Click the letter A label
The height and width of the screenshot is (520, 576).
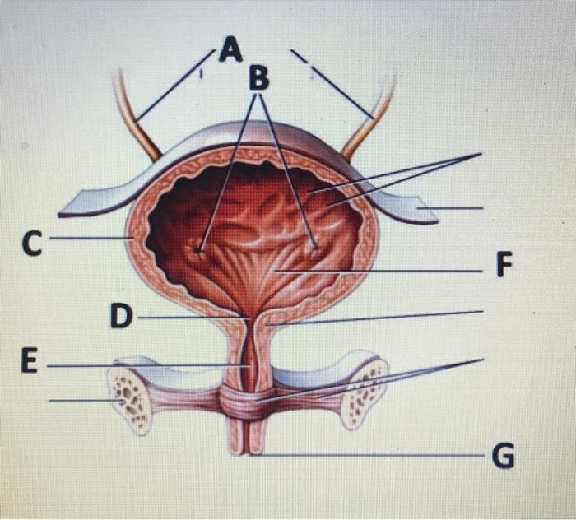[x=232, y=52]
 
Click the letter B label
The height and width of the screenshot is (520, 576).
[x=258, y=79]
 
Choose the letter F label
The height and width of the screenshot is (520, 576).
[x=503, y=267]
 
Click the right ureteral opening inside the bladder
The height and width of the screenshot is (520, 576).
[x=314, y=244]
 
